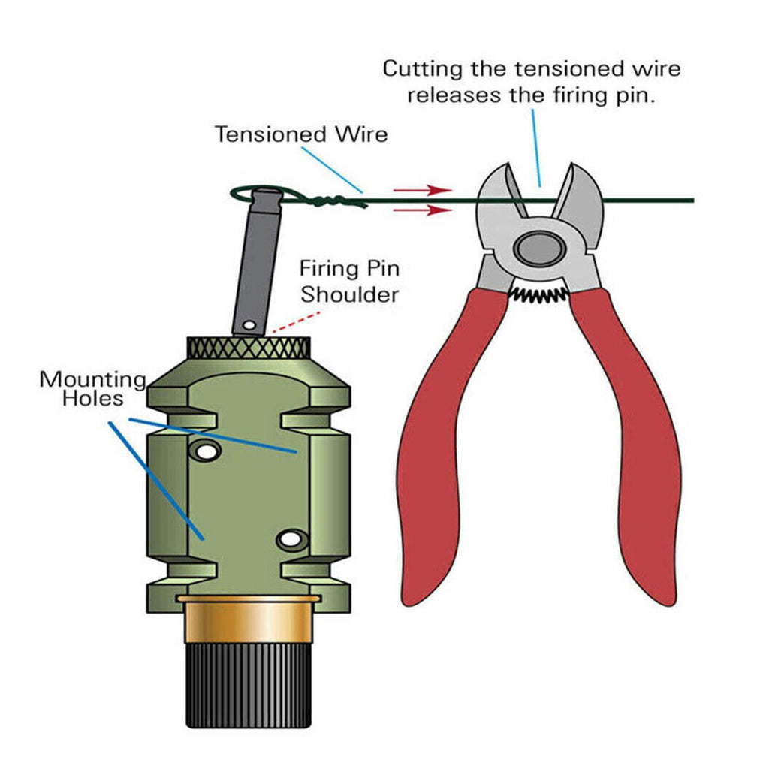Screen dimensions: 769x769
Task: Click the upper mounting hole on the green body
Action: [204, 451]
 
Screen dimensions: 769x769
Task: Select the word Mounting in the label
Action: [93, 379]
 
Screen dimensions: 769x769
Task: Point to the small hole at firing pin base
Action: [249, 325]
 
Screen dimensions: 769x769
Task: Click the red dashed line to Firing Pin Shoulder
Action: [289, 324]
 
